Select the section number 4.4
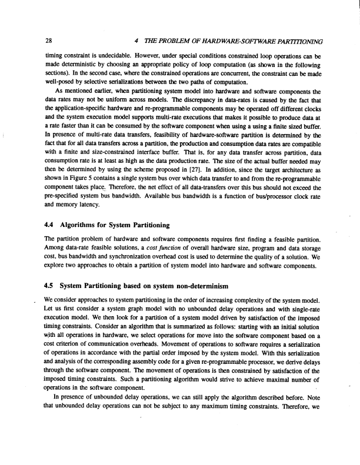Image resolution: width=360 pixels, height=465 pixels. pos(51,225)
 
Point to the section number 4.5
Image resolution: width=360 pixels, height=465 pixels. pos(51,286)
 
